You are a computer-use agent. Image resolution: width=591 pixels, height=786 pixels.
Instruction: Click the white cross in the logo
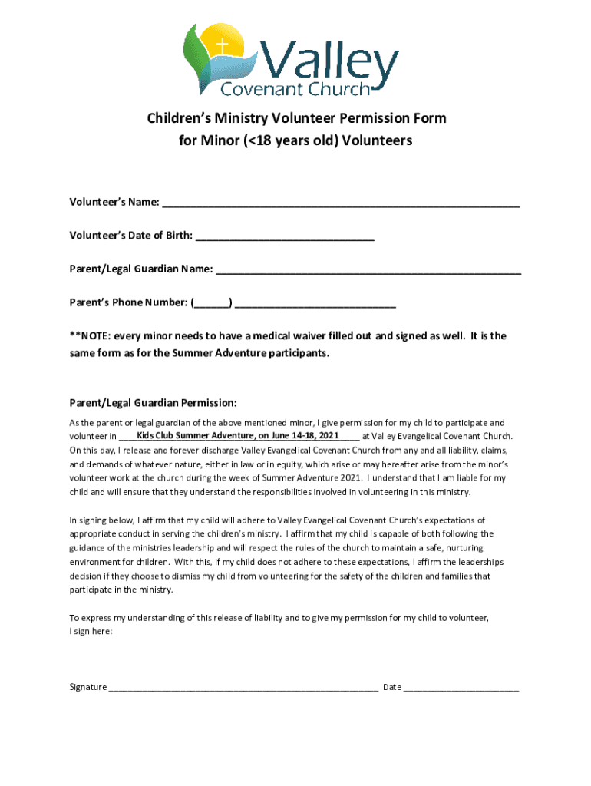[x=223, y=46]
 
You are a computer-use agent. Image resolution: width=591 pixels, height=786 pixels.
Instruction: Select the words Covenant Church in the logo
[x=295, y=90]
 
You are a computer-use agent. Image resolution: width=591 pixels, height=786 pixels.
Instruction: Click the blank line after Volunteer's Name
[x=341, y=203]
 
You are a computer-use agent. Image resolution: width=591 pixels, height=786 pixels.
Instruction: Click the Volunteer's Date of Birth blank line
[x=285, y=236]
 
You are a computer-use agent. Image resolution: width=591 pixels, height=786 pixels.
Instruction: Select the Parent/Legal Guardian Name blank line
[x=368, y=270]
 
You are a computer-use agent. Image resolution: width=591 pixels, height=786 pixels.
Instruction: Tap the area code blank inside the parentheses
[x=212, y=303]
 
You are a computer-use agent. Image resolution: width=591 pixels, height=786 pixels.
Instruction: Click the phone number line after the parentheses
[x=315, y=303]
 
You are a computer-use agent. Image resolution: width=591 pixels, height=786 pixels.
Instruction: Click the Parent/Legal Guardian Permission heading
[x=153, y=403]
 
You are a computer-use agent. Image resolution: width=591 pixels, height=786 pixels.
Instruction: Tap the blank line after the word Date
[x=461, y=688]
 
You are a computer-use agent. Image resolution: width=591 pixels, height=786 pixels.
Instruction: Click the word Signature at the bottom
[x=88, y=687]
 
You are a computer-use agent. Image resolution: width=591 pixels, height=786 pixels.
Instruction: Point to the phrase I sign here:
[x=91, y=631]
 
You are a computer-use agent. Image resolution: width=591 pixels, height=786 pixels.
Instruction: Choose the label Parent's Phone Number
[x=128, y=303]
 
